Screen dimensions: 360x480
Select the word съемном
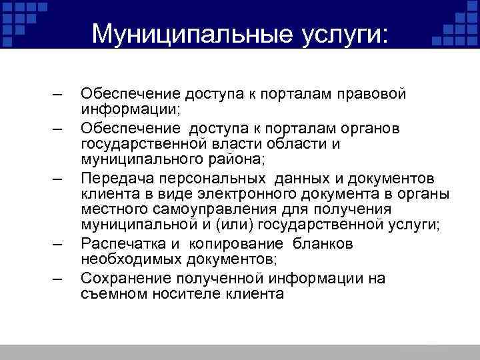tap(110, 295)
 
